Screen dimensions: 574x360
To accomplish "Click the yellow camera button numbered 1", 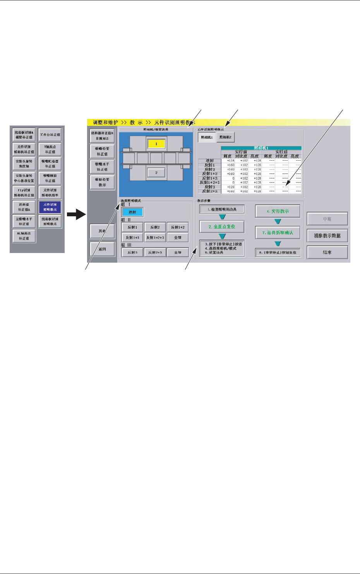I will tap(156, 144).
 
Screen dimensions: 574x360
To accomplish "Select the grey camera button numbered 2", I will tap(156, 173).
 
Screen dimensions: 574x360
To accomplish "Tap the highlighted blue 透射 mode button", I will tap(132, 212).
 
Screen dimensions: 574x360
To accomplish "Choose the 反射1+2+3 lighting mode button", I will tap(155, 238).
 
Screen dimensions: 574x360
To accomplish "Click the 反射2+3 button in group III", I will tap(155, 253).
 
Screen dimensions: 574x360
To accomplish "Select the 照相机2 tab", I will tap(225, 138).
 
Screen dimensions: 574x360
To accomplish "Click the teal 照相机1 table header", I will tap(261, 148).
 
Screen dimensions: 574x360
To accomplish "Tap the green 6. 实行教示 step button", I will tap(278, 212).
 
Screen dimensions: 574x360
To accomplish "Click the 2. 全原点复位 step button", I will tap(222, 227).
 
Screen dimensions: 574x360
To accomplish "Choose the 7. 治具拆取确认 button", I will tap(278, 233).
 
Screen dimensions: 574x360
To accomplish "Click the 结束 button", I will tap(327, 253).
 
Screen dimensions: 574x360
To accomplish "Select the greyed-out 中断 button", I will tap(327, 219).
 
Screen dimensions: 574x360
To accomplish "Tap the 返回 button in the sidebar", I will tap(102, 249).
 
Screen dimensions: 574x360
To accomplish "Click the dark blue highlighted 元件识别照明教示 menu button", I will tap(50, 207).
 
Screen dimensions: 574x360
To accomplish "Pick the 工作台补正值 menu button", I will tap(50, 135).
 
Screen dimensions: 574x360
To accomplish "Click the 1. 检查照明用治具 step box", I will tap(222, 209).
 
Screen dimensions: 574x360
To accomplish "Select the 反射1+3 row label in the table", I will tap(209, 178).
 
